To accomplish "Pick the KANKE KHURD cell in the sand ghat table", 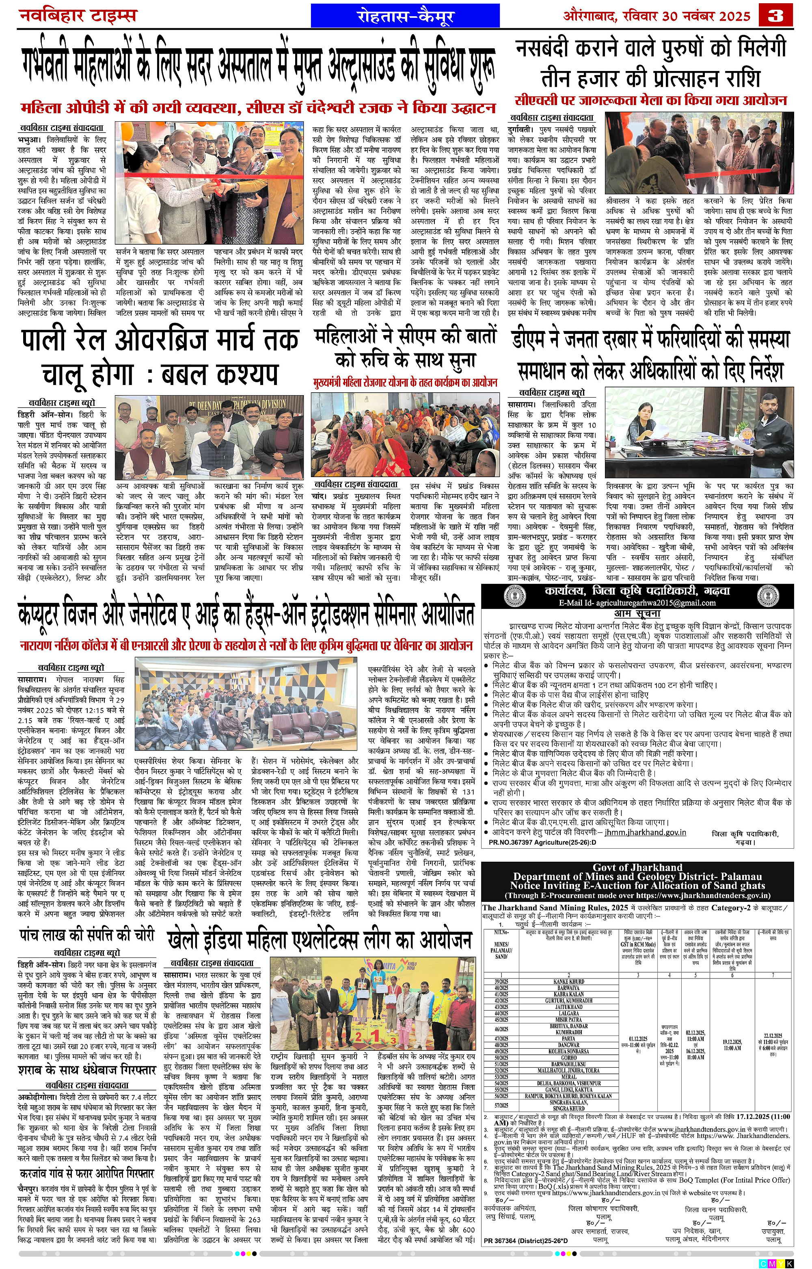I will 568,982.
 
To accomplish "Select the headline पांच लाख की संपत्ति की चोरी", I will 86,935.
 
